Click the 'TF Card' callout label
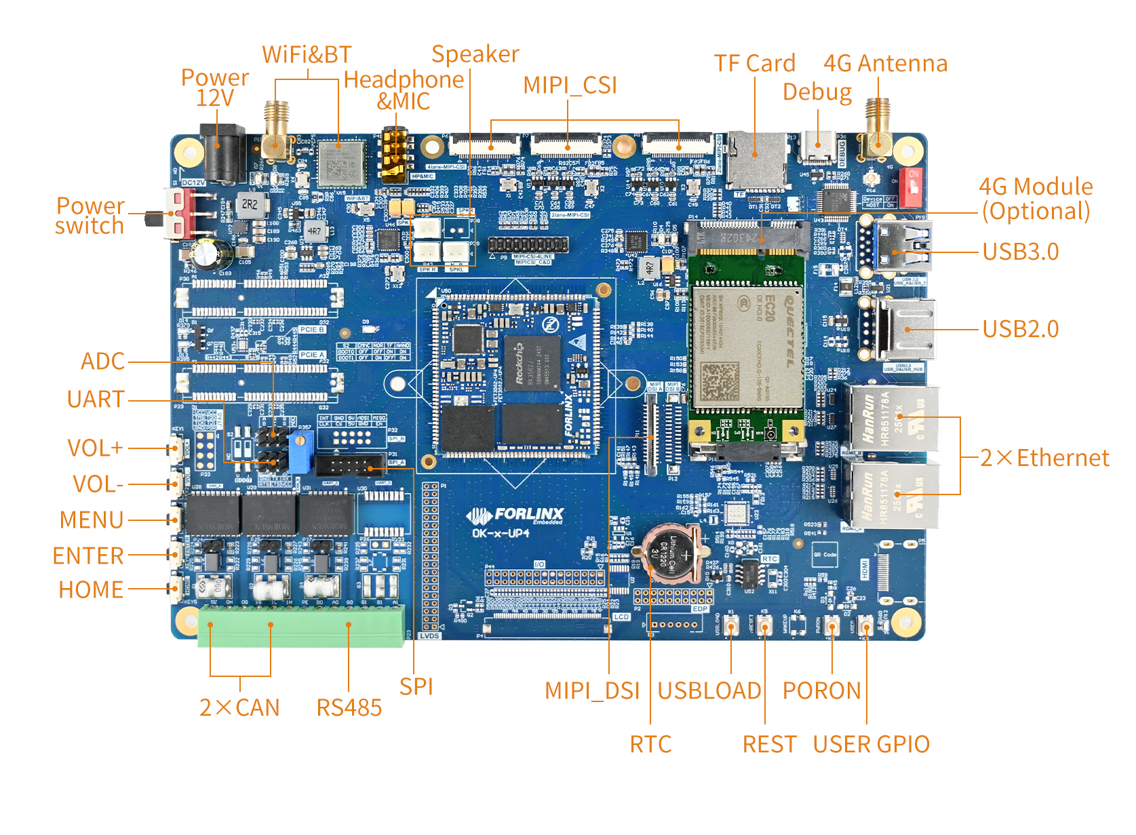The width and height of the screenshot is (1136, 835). pos(754,63)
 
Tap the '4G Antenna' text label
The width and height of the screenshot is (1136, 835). pos(885,63)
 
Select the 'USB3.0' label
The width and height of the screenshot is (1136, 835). pos(1020,252)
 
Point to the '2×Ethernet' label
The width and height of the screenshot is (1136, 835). pos(1044,458)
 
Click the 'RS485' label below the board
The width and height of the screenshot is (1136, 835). pos(349,707)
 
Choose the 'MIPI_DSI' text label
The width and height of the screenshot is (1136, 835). pos(592,691)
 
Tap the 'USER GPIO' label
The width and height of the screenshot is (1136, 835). pos(871,744)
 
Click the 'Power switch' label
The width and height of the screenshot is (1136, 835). pos(90,216)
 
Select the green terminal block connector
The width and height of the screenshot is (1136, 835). pos(301,625)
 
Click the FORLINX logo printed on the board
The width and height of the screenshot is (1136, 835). pos(515,516)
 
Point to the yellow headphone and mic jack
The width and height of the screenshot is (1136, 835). pos(394,154)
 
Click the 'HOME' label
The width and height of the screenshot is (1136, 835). pos(91,589)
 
